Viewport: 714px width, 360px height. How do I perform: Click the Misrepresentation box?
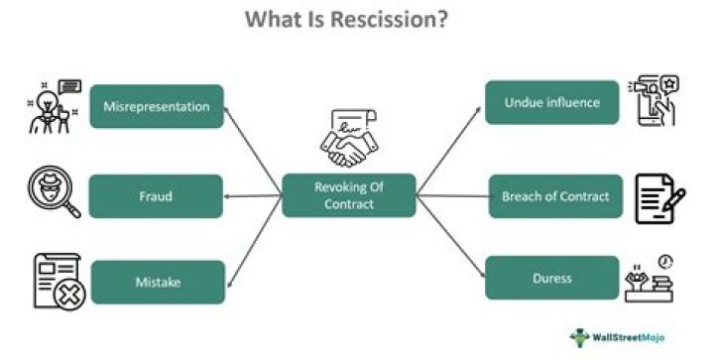(157, 106)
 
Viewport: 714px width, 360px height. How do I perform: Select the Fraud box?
(155, 196)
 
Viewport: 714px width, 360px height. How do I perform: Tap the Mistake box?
(158, 282)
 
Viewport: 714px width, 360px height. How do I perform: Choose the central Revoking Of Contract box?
(348, 195)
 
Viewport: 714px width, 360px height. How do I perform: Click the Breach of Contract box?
(555, 196)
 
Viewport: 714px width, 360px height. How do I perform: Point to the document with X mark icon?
(58, 280)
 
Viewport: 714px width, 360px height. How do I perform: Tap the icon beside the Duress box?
(652, 278)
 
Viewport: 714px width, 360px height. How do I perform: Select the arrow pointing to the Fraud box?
(253, 196)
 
